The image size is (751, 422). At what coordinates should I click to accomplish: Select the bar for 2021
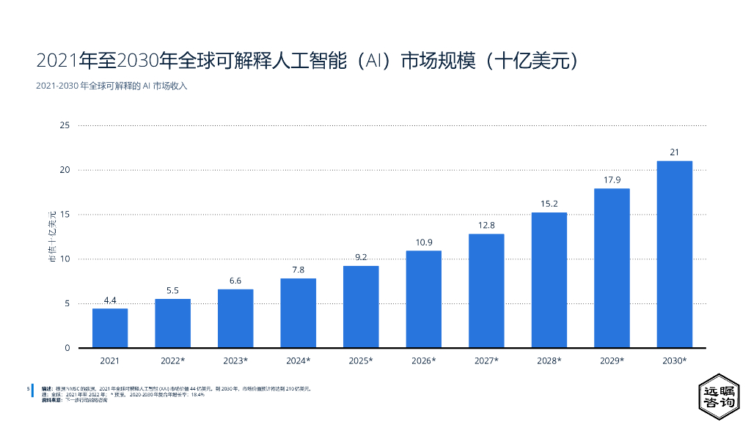pyautogui.click(x=110, y=327)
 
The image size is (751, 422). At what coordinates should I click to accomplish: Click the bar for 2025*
pyautogui.click(x=361, y=306)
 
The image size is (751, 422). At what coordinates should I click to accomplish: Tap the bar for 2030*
pyautogui.click(x=674, y=253)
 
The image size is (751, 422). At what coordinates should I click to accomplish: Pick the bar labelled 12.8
pyautogui.click(x=486, y=290)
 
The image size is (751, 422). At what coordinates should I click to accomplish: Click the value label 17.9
pyautogui.click(x=612, y=180)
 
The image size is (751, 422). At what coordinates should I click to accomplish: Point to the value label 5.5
pyautogui.click(x=172, y=290)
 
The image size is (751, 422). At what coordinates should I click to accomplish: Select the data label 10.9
pyautogui.click(x=424, y=243)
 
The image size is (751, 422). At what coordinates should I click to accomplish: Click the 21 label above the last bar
pyautogui.click(x=674, y=152)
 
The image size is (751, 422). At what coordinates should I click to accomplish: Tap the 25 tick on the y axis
pyautogui.click(x=65, y=125)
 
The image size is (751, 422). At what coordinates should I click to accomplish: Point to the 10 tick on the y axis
pyautogui.click(x=65, y=259)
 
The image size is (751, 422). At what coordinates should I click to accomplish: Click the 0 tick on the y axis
pyautogui.click(x=67, y=347)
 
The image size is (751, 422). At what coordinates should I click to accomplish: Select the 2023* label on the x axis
pyautogui.click(x=235, y=360)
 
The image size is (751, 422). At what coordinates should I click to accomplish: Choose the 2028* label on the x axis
pyautogui.click(x=549, y=360)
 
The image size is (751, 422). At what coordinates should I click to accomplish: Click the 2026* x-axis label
pyautogui.click(x=424, y=360)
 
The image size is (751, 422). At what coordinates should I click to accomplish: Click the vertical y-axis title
pyautogui.click(x=52, y=236)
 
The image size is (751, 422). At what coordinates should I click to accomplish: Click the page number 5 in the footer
pyautogui.click(x=28, y=388)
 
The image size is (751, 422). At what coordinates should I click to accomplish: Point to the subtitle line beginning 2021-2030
pyautogui.click(x=111, y=86)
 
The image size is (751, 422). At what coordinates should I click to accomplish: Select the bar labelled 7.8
pyautogui.click(x=298, y=313)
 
